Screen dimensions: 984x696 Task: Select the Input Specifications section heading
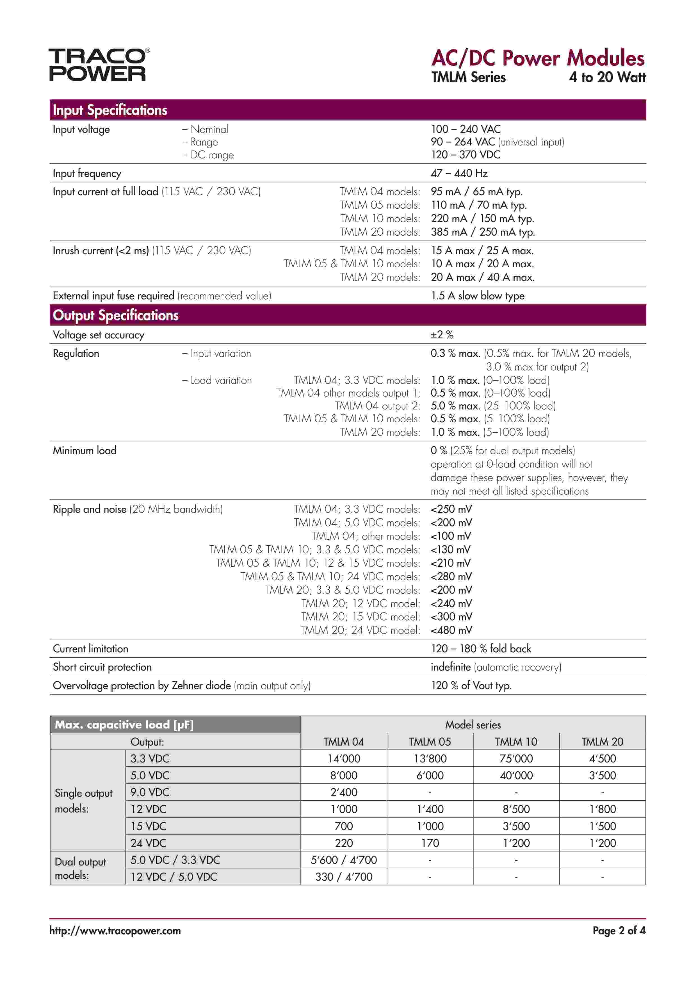tap(110, 110)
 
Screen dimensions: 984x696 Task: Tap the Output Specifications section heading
tap(115, 315)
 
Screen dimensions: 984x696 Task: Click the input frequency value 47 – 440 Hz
tap(459, 173)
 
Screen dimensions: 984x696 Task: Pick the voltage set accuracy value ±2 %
tap(442, 335)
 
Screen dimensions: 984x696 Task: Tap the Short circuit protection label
tap(102, 667)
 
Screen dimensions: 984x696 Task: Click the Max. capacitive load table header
tap(124, 725)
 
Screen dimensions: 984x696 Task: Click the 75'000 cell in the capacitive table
tap(516, 758)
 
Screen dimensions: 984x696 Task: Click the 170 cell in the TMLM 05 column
tap(430, 843)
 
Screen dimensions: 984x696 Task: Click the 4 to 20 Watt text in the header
tap(607, 77)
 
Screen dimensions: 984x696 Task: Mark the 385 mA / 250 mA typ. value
tap(483, 232)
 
